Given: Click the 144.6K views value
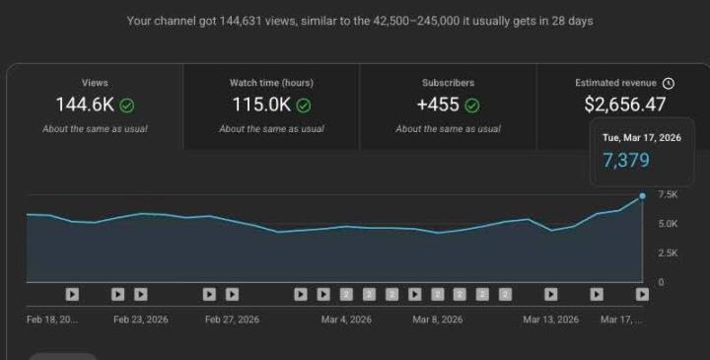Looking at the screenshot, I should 85,105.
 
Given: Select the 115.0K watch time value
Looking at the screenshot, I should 260,105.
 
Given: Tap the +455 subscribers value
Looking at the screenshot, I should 438,105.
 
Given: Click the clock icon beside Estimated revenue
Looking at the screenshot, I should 669,84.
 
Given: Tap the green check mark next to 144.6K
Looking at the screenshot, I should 127,105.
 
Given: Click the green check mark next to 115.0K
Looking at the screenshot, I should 304,105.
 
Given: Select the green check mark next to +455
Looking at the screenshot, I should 472,105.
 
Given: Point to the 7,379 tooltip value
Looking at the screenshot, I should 626,160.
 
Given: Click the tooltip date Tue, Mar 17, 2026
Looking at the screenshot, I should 641,138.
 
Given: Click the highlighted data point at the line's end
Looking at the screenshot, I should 642,196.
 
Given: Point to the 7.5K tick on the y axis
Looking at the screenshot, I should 667,194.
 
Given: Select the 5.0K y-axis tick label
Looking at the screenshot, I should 667,224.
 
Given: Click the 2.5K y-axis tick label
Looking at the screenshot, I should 667,253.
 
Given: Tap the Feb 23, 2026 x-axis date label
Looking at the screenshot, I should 141,320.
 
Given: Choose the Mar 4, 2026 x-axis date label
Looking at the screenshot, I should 346,320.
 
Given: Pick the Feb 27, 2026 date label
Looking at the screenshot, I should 232,320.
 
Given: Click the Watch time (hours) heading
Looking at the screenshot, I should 271,83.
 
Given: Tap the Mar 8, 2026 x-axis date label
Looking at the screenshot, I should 437,320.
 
